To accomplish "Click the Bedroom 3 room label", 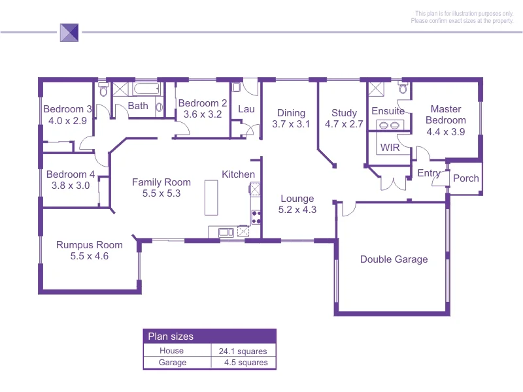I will (x=67, y=109).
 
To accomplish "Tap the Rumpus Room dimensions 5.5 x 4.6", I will (x=90, y=256).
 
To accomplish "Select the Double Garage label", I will (x=394, y=259).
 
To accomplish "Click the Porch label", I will (x=466, y=178).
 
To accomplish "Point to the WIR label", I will (x=390, y=148).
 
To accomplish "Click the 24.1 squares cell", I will (x=243, y=351).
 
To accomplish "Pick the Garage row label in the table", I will (x=173, y=363).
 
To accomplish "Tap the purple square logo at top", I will (x=69, y=32).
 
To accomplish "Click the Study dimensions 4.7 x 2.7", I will (x=344, y=124).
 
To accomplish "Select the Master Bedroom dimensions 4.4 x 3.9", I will (x=445, y=131).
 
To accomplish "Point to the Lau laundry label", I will (x=246, y=109).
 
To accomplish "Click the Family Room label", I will (x=161, y=182).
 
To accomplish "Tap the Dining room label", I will (x=291, y=113).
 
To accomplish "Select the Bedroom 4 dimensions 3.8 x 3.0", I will (x=70, y=186).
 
